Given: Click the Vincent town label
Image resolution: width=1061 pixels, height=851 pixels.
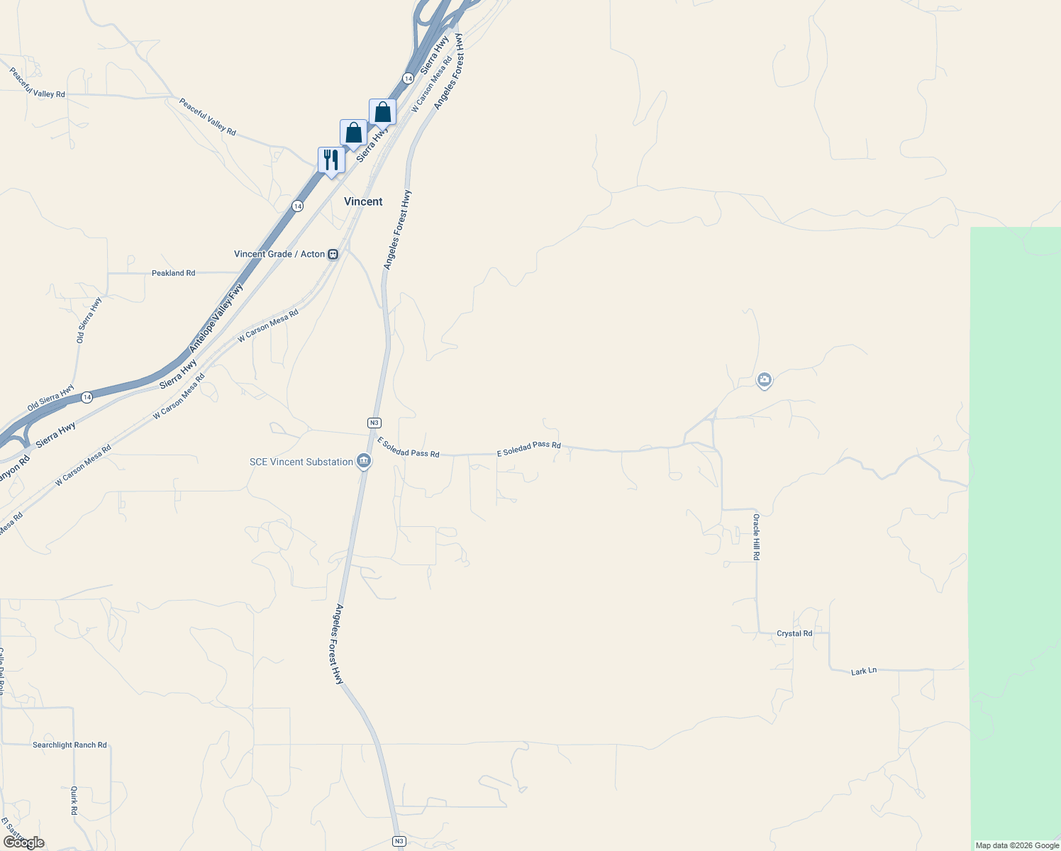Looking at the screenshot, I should coord(363,201).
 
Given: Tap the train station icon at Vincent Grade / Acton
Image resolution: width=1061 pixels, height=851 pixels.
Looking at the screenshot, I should coord(333,254).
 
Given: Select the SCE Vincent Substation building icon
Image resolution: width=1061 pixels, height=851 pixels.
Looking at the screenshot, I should coord(364,462).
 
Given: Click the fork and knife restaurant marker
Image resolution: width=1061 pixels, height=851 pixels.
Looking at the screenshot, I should coord(331,160).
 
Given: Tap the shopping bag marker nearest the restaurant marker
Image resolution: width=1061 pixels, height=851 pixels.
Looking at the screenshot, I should coord(353,133).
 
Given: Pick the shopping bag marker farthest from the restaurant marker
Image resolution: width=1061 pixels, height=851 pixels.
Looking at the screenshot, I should coord(382,112).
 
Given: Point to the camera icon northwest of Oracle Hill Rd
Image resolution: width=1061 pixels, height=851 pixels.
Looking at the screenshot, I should coord(764,381).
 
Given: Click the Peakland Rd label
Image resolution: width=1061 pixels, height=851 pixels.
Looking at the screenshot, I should coord(173,273).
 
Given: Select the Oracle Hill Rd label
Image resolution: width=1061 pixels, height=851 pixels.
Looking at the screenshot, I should coord(756,537).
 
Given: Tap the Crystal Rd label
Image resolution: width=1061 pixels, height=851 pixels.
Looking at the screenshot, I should coord(794,633).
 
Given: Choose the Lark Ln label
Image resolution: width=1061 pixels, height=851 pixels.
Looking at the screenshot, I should coord(864,671).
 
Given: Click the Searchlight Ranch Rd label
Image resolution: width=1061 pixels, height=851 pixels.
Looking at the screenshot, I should coord(70,745).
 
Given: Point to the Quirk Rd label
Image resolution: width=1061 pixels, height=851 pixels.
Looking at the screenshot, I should coord(74,800).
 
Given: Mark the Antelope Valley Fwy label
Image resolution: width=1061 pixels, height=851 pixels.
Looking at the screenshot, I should coord(216,318).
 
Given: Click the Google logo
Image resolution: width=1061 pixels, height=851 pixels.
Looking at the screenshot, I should coord(24,842).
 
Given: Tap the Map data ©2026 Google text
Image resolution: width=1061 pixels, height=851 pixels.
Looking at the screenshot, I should coord(1017,845).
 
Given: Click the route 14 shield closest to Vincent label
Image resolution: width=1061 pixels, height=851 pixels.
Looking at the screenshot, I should coord(297,206).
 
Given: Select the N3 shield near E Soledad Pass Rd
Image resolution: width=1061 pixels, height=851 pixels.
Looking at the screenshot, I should coord(374,423).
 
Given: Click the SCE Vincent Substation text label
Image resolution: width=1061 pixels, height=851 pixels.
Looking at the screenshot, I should coord(301,462).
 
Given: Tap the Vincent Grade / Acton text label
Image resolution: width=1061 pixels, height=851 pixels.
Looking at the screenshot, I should coord(279,254).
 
